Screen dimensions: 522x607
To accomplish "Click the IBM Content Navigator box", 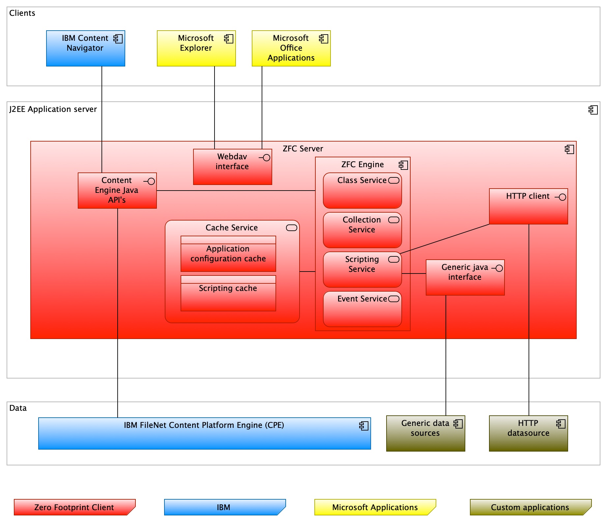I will [x=85, y=48].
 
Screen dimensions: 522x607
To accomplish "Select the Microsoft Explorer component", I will [x=196, y=48].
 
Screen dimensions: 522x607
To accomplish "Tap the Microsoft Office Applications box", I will [x=291, y=48].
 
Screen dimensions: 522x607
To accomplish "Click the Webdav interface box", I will [x=232, y=167].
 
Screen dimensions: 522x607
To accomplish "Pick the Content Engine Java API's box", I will [x=117, y=191].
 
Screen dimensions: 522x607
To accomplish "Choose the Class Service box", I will [x=362, y=191].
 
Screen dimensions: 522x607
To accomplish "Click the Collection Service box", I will [x=362, y=230].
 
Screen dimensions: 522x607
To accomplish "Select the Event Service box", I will [x=362, y=309].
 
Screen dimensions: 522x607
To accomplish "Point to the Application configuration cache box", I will [x=228, y=254].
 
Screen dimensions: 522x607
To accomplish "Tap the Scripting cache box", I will [x=228, y=293].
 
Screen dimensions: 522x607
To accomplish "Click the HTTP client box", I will [x=528, y=206].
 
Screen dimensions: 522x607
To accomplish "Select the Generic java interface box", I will [x=465, y=277].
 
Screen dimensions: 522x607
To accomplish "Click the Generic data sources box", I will [x=425, y=433].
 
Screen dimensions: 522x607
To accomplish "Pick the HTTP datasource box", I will [x=528, y=433].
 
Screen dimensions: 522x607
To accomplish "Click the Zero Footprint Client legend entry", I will [x=74, y=507].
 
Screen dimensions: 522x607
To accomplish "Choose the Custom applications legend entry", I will [x=530, y=507].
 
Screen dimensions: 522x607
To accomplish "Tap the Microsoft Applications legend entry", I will [x=375, y=507].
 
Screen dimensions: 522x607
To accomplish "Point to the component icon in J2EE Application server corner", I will [x=593, y=110].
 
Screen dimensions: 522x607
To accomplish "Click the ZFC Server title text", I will [x=303, y=149].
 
